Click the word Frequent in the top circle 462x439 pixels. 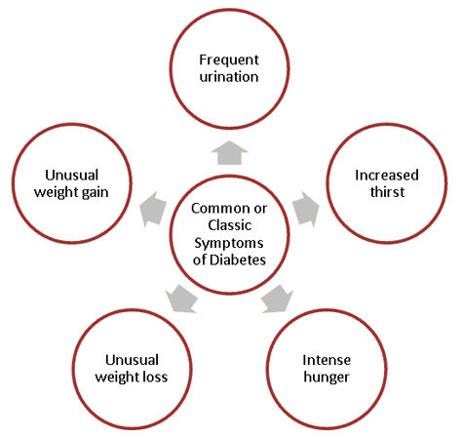click(229, 56)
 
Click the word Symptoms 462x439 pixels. click(229, 241)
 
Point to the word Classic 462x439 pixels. click(229, 224)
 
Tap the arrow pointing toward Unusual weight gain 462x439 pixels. click(154, 208)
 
